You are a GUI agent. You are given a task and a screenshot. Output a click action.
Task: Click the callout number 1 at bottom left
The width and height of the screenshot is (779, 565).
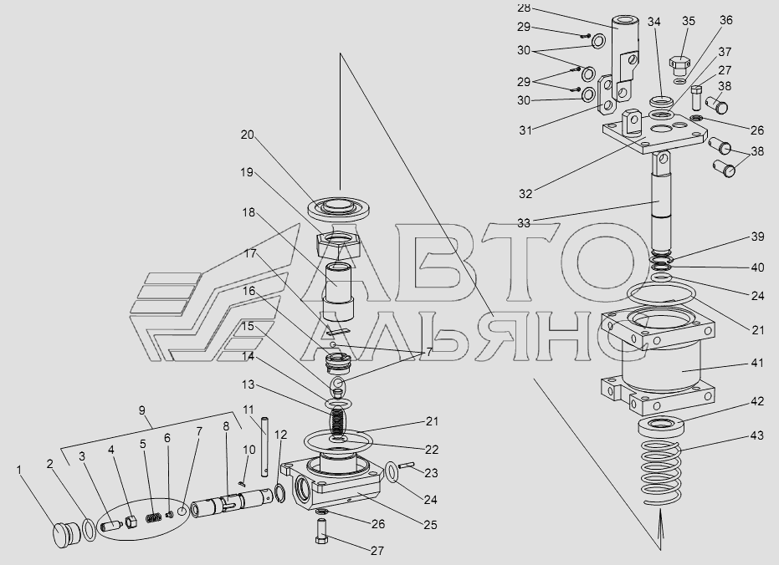(20, 470)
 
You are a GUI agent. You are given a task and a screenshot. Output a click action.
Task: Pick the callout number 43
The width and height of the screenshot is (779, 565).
(756, 436)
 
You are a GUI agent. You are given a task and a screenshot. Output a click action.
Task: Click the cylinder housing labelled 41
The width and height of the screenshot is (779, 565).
(659, 362)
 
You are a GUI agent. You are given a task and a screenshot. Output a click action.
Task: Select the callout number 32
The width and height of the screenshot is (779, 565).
(525, 194)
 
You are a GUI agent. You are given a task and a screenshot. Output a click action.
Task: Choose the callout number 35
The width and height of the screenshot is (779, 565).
(688, 21)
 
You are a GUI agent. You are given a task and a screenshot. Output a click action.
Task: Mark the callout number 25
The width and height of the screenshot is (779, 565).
(430, 525)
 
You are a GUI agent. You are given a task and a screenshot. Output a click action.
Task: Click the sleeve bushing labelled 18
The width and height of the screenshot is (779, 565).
(337, 293)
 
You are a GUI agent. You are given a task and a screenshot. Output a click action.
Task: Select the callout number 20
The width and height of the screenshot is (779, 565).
(248, 135)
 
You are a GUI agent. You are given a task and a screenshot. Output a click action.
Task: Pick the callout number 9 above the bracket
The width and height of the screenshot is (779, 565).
(142, 410)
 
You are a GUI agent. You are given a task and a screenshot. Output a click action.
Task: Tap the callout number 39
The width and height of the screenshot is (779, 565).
(756, 237)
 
